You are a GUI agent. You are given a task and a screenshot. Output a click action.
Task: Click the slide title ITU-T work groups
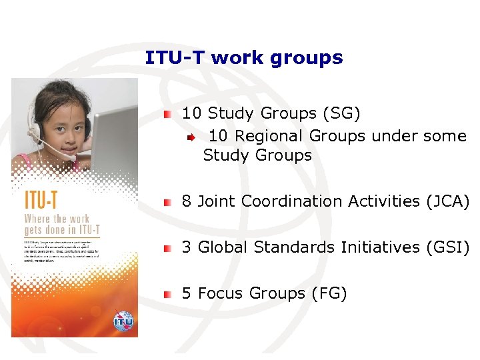243,58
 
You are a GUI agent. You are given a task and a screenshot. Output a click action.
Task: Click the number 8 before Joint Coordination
187,201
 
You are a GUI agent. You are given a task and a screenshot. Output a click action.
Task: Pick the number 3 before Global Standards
187,247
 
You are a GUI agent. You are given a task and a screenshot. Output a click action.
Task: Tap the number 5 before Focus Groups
187,293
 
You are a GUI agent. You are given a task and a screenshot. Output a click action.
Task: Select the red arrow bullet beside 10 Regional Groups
191,137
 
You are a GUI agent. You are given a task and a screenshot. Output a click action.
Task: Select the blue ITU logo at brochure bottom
123,319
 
